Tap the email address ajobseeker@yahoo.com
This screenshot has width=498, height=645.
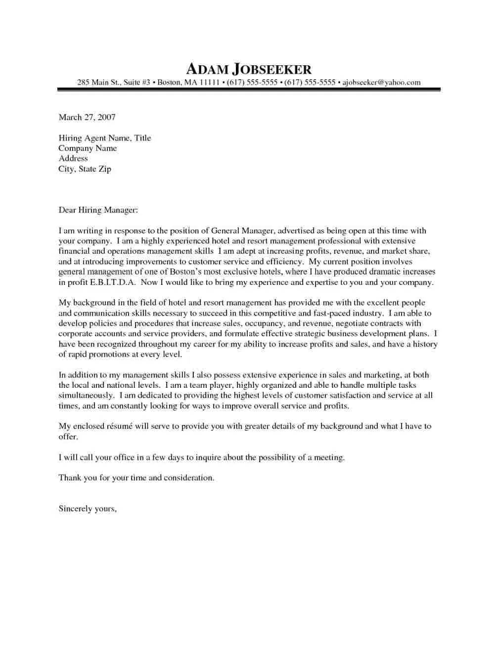click(x=381, y=83)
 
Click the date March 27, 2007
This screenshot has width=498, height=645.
click(x=87, y=117)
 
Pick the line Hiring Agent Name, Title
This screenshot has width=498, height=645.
click(x=105, y=138)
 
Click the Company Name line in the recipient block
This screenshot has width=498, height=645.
click(x=88, y=148)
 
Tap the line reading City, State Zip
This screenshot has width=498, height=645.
click(x=85, y=169)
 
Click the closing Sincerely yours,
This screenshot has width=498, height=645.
click(x=88, y=509)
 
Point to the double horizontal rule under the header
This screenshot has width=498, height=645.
click(x=249, y=90)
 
